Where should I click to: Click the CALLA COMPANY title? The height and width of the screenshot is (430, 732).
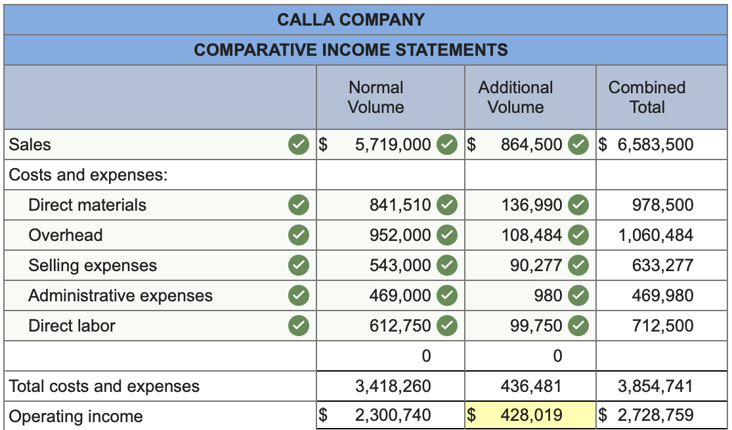point(351,20)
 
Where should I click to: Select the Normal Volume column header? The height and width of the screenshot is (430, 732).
point(376,97)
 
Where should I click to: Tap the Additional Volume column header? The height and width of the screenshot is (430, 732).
point(515,97)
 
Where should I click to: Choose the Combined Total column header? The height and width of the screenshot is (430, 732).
point(647,97)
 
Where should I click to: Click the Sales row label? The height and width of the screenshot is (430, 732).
point(30,144)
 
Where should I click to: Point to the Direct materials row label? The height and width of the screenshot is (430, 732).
point(87,205)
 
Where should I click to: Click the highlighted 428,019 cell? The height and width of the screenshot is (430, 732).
point(531,415)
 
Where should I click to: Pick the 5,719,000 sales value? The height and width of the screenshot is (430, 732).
point(393,144)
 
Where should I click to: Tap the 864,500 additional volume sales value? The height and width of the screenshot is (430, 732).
point(531,144)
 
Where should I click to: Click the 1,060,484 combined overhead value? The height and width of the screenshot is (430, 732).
point(655,235)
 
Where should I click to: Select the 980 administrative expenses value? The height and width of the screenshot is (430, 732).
point(549,295)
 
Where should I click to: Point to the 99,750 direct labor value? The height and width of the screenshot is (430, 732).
point(536,326)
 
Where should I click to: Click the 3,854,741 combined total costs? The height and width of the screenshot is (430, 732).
point(655,386)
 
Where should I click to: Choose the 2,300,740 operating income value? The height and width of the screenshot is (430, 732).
point(393,415)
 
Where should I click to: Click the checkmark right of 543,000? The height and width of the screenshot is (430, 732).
point(446,265)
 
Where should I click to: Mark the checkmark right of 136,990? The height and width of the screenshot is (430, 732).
point(578,205)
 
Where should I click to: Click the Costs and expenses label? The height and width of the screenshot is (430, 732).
point(88,175)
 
